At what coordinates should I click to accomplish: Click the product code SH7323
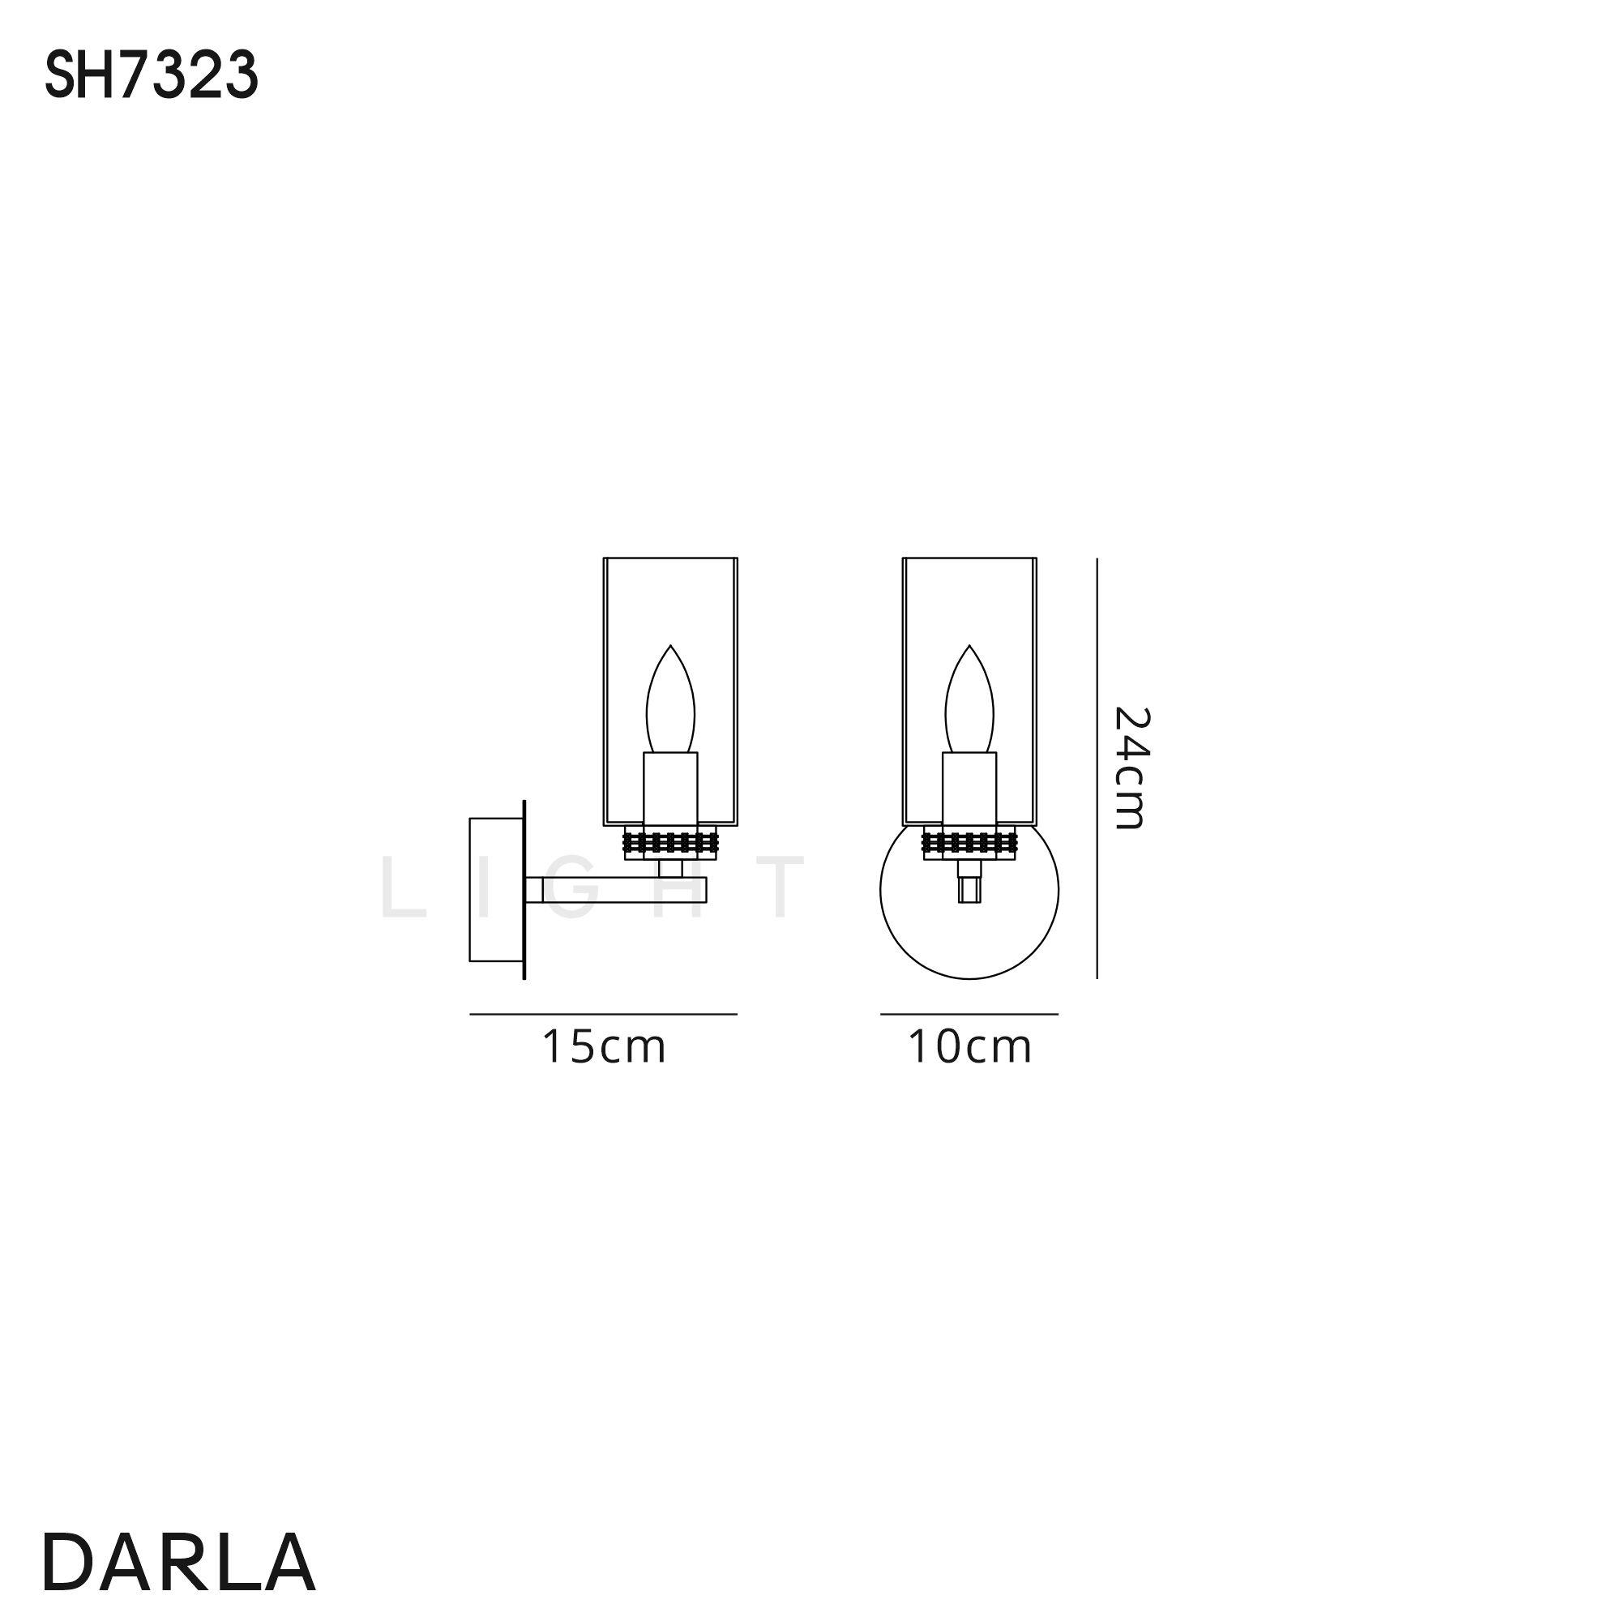point(151,76)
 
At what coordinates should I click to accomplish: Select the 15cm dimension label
point(604,1047)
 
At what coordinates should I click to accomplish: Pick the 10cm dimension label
point(970,1047)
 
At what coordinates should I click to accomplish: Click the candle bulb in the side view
point(670,699)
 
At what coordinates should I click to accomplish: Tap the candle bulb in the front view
point(970,699)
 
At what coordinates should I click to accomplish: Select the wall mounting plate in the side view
point(498,889)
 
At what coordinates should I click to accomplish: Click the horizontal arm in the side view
point(616,889)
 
